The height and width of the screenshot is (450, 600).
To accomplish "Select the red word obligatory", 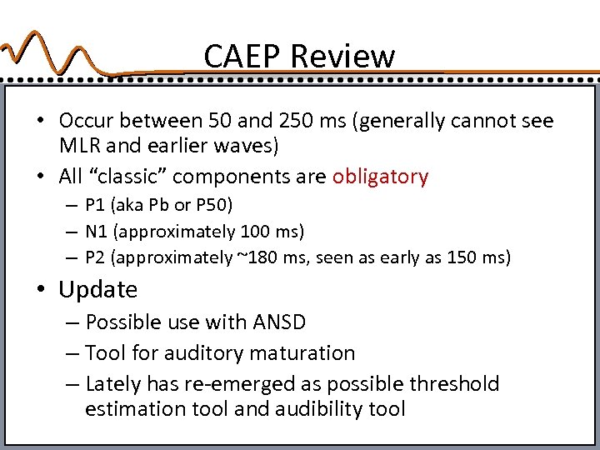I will [380, 176].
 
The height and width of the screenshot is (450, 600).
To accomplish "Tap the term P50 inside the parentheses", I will [215, 205].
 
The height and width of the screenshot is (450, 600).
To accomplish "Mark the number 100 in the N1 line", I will [254, 231].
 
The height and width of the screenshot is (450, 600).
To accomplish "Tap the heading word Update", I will [97, 290].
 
